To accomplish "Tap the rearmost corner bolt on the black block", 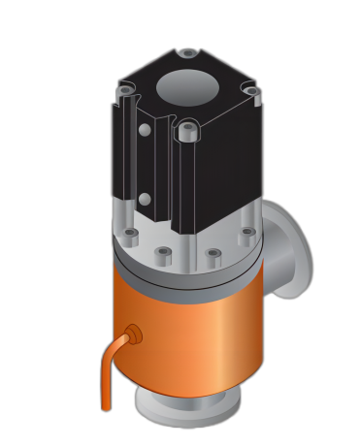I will pyautogui.click(x=187, y=53).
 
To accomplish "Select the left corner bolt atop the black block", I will pyautogui.click(x=125, y=90).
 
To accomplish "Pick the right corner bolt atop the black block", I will pyautogui.click(x=251, y=91).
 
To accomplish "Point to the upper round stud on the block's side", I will pyautogui.click(x=145, y=130).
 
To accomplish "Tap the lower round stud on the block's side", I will pyautogui.click(x=145, y=199).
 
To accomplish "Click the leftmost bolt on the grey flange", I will pyautogui.click(x=129, y=234).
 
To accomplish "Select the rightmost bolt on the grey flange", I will pyautogui.click(x=247, y=233).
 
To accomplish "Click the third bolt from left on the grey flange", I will pyautogui.click(x=213, y=255).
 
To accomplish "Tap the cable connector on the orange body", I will pyautogui.click(x=132, y=335).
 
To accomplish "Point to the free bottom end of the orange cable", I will pyautogui.click(x=106, y=405).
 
